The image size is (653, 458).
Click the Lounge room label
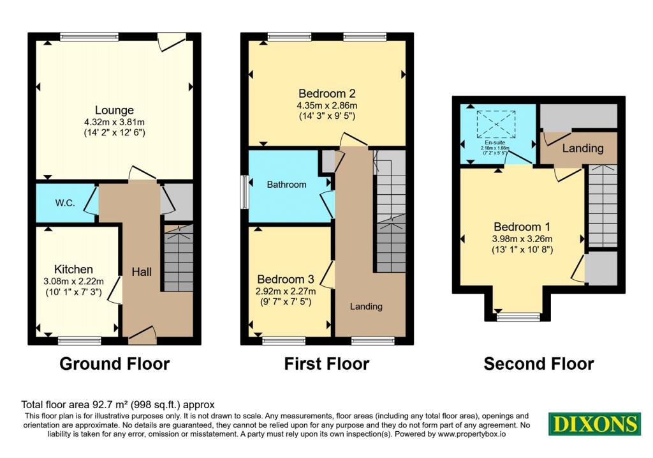point(115,110)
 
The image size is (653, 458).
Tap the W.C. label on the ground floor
point(66,203)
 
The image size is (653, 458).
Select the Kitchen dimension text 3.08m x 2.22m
point(73,282)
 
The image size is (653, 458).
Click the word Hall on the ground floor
point(142,272)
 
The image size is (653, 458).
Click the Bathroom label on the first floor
point(286,185)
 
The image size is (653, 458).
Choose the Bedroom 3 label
point(286,279)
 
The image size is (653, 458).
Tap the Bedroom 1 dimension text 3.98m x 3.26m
point(522,239)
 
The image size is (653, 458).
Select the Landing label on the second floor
point(582,148)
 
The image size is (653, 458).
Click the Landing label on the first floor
point(366,307)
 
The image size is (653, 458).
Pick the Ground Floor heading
point(115,364)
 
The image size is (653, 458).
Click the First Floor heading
point(326,364)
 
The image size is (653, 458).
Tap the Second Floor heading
point(539,364)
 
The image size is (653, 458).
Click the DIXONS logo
point(594,424)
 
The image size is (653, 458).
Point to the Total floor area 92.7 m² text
point(118,404)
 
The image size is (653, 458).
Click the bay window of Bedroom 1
point(518,316)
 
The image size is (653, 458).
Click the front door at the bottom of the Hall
point(142,332)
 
